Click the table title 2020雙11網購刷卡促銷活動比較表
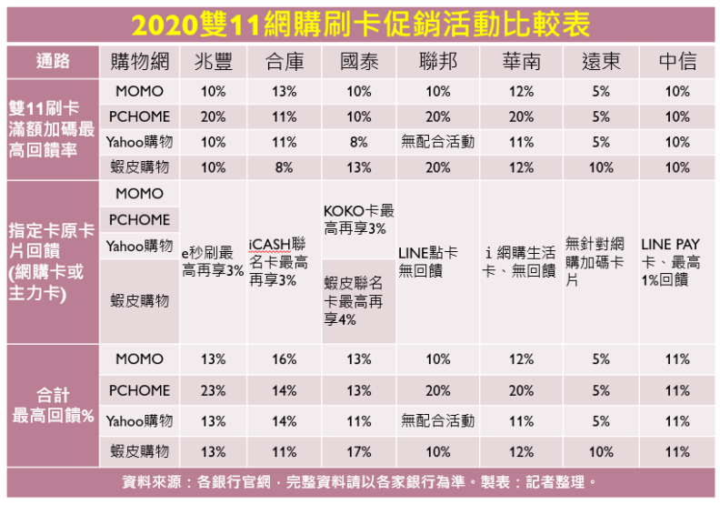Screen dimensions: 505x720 pyautogui.click(x=359, y=22)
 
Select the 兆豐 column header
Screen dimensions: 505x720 pyautogui.click(x=213, y=61)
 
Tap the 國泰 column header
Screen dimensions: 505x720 pyautogui.click(x=359, y=61)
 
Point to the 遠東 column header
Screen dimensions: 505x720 pyautogui.click(x=601, y=61)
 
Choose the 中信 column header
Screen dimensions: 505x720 pyautogui.click(x=677, y=61)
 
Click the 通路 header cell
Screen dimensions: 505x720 pyautogui.click(x=53, y=61)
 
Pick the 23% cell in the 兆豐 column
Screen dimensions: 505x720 pyautogui.click(x=213, y=390)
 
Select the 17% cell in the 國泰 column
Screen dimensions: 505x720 pyautogui.click(x=359, y=451)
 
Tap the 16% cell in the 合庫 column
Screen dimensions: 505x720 pyautogui.click(x=284, y=359)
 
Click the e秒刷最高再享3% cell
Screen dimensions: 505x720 pyautogui.click(x=213, y=262)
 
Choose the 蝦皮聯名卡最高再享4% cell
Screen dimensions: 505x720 pyautogui.click(x=359, y=300)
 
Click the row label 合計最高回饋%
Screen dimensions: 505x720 pyautogui.click(x=53, y=405)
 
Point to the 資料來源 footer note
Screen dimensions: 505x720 pyautogui.click(x=359, y=482)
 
